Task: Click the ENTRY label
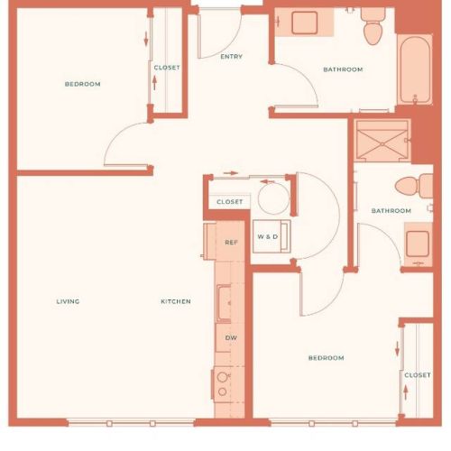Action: click(x=231, y=57)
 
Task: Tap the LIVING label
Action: click(x=68, y=301)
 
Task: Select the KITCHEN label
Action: click(x=176, y=301)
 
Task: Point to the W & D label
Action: click(x=268, y=236)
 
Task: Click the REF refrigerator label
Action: click(x=231, y=242)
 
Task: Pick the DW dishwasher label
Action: click(x=231, y=337)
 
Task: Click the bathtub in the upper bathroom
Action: click(x=415, y=70)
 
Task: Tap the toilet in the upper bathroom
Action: click(x=373, y=26)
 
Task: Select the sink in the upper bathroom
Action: click(x=305, y=23)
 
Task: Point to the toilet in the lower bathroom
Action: click(x=414, y=186)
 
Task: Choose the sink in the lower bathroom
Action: click(x=418, y=244)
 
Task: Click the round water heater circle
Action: click(x=273, y=198)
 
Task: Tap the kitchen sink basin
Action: click(x=224, y=304)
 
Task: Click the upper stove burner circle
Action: click(x=222, y=377)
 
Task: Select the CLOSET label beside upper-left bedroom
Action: click(x=167, y=68)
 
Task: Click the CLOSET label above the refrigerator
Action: click(x=230, y=202)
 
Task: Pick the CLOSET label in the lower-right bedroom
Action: click(x=418, y=375)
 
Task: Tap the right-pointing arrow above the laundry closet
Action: click(x=231, y=173)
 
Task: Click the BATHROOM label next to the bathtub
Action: click(x=343, y=69)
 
